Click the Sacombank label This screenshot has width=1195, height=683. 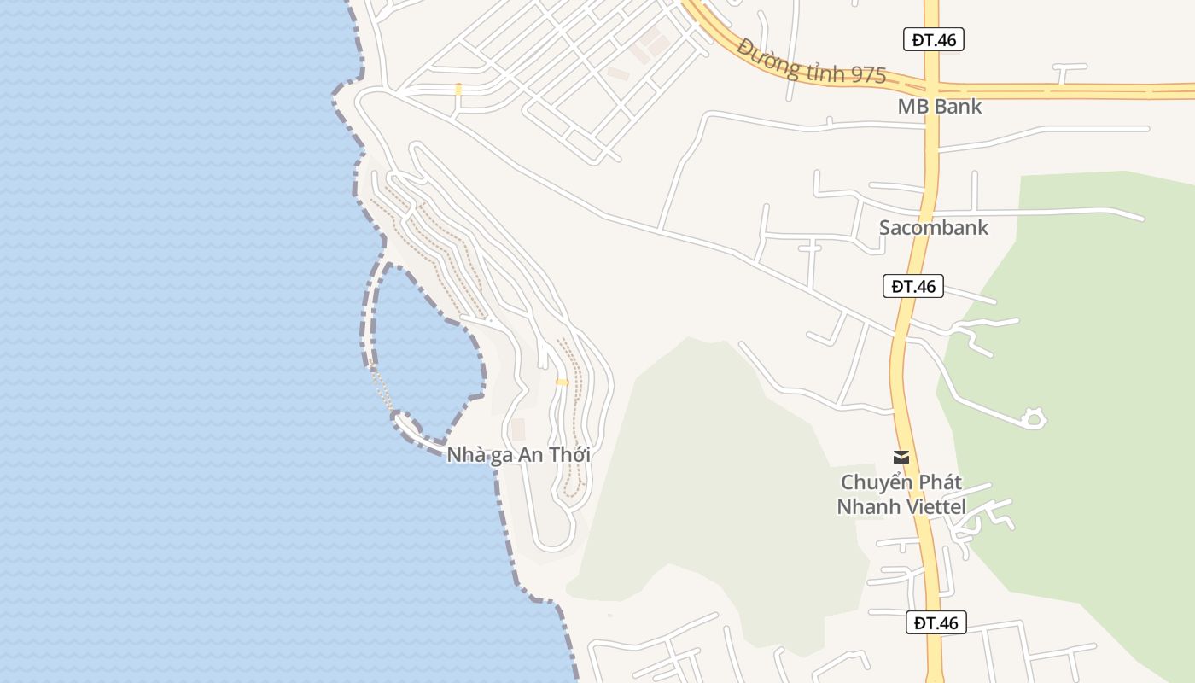point(933,227)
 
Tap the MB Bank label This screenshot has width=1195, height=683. point(939,107)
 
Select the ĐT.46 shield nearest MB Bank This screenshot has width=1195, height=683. point(933,39)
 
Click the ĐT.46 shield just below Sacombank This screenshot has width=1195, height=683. point(912,286)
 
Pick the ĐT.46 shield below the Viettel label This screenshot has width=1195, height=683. point(936,622)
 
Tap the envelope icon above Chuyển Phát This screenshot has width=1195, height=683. point(901,458)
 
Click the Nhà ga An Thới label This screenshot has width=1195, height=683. point(518,455)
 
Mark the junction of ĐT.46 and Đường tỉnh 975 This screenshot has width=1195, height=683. point(931,88)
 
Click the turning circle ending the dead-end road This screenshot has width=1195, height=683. point(1034,418)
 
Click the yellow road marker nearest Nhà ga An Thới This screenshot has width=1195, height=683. point(562,382)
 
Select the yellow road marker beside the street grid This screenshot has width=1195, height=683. point(458,89)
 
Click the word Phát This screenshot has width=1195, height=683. point(937,482)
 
